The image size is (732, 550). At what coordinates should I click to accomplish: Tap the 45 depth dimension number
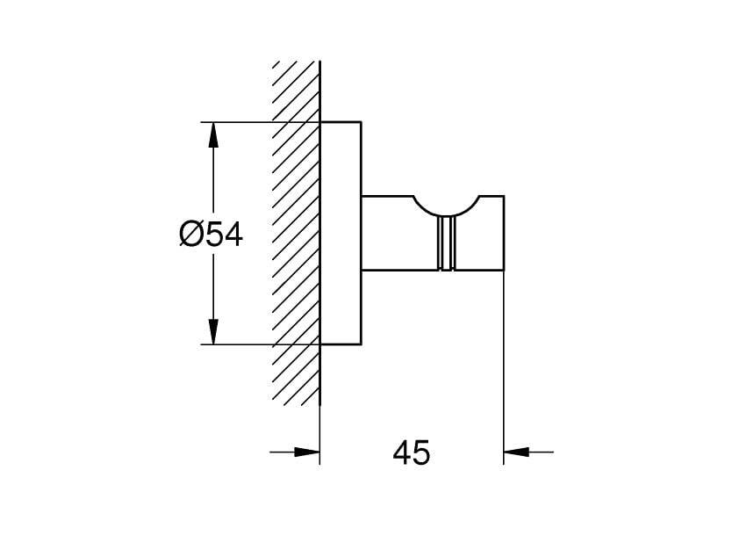412,452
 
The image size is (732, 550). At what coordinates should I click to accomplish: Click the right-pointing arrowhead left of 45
306,452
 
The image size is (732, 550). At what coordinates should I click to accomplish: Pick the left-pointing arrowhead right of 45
516,452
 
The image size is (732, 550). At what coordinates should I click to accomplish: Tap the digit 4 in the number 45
401,452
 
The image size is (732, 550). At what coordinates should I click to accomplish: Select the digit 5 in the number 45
421,452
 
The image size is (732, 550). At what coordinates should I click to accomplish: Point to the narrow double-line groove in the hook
446,243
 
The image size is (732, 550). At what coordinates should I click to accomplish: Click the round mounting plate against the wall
341,233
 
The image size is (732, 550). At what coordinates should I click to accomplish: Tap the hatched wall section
296,233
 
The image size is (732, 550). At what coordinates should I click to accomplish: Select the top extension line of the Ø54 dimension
261,122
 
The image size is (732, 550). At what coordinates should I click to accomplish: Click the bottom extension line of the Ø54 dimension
261,345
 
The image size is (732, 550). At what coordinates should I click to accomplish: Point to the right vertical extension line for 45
504,368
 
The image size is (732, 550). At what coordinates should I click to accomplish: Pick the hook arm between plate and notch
399,233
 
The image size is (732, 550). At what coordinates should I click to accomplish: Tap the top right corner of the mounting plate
362,122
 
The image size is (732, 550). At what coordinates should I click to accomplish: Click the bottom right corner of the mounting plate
362,345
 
